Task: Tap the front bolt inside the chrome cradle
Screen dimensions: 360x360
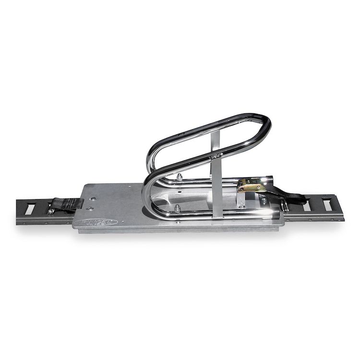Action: tap(178, 208)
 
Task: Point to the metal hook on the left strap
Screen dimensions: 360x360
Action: tap(50, 210)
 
